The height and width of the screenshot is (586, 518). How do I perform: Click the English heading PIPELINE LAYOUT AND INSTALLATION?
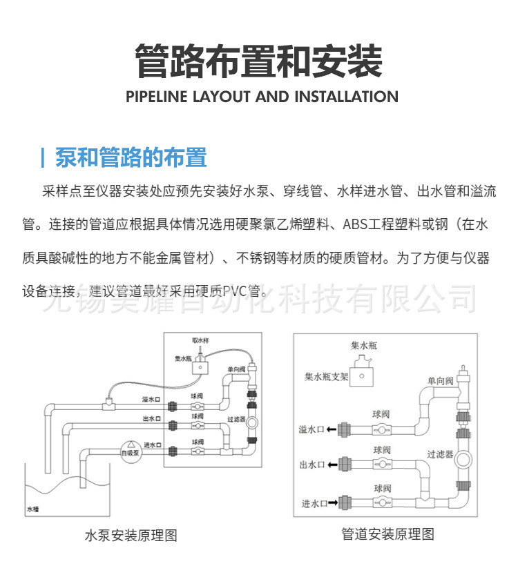pyautogui.click(x=262, y=97)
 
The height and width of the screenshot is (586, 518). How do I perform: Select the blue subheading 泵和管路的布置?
pyautogui.click(x=131, y=157)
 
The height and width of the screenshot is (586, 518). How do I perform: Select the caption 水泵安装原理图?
pyautogui.click(x=131, y=536)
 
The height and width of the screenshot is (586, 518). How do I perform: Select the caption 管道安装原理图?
pyautogui.click(x=388, y=534)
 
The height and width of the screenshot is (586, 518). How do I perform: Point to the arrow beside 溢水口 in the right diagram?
pyautogui.click(x=333, y=429)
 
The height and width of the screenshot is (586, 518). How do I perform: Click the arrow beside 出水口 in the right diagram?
pyautogui.click(x=333, y=465)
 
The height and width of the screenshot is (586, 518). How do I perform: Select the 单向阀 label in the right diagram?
pyautogui.click(x=439, y=380)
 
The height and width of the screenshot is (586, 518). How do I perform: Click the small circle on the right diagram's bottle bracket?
pyautogui.click(x=361, y=376)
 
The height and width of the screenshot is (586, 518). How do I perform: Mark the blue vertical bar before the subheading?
pyautogui.click(x=43, y=157)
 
